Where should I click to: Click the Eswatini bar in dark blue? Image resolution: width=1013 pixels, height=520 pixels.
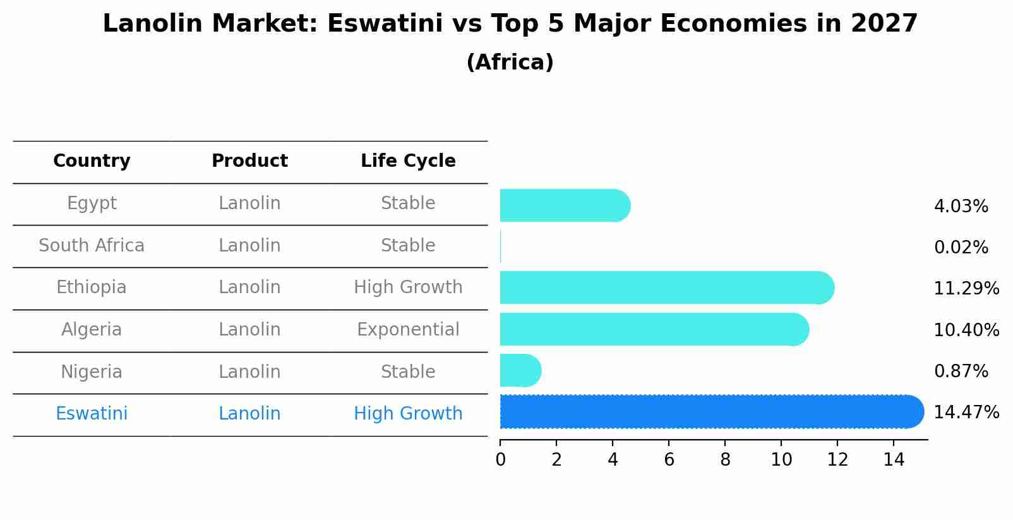point(710,412)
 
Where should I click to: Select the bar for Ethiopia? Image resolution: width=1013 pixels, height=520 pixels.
point(666,287)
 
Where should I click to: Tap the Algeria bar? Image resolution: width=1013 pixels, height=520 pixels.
point(654,329)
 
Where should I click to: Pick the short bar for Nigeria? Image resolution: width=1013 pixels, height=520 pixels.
point(520,371)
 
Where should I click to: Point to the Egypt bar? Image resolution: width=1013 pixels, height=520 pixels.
point(564,205)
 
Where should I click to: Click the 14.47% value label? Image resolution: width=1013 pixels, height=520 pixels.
point(966,413)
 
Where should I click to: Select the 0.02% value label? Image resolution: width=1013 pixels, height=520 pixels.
point(961,248)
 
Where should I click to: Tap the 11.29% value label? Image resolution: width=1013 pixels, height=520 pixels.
point(966,289)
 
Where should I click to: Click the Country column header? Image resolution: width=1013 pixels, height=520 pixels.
point(92,161)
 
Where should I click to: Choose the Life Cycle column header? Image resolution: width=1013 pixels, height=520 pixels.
point(408,161)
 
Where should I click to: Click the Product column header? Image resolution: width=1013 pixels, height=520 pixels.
point(249,161)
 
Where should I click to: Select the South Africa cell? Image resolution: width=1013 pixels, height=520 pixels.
point(92,246)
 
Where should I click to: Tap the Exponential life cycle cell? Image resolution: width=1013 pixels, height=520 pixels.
point(408,330)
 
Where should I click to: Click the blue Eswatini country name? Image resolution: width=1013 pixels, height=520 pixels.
point(92,414)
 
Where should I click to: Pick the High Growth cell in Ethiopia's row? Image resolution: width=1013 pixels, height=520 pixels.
point(408,287)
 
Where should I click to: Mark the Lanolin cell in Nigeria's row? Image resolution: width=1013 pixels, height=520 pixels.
point(249,372)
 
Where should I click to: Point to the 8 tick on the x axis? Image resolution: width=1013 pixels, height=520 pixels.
point(725,459)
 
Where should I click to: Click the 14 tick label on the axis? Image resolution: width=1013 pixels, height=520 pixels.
point(894,459)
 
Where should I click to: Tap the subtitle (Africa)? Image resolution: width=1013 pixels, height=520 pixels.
point(510,63)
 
